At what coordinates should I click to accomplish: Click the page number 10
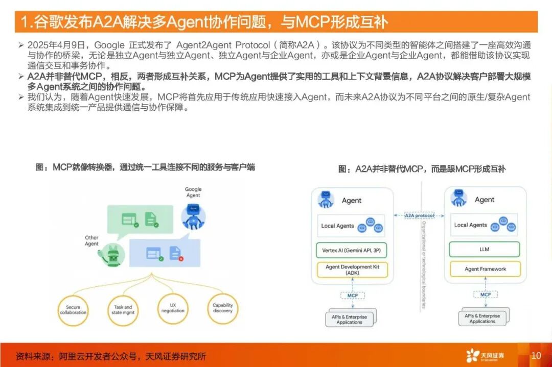[x=536, y=355]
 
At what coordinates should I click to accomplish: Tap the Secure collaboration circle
[x=73, y=310]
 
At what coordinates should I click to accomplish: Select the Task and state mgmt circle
[x=123, y=310]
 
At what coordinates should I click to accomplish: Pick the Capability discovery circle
[x=223, y=308]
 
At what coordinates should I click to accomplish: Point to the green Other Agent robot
[x=112, y=254]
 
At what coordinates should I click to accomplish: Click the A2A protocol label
[x=419, y=216]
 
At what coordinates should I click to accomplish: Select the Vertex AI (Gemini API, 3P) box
[x=352, y=250]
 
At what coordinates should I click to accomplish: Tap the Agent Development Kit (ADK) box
[x=352, y=270]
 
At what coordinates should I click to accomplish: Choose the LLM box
[x=484, y=249]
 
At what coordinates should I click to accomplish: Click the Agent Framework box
[x=485, y=269]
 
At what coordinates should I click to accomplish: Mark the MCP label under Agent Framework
[x=485, y=295]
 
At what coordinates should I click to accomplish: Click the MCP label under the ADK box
[x=352, y=295]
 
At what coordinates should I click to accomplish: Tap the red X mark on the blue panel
[x=181, y=259]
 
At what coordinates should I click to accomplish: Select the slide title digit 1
[x=25, y=22]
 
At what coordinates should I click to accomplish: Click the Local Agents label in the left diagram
[x=337, y=226]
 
